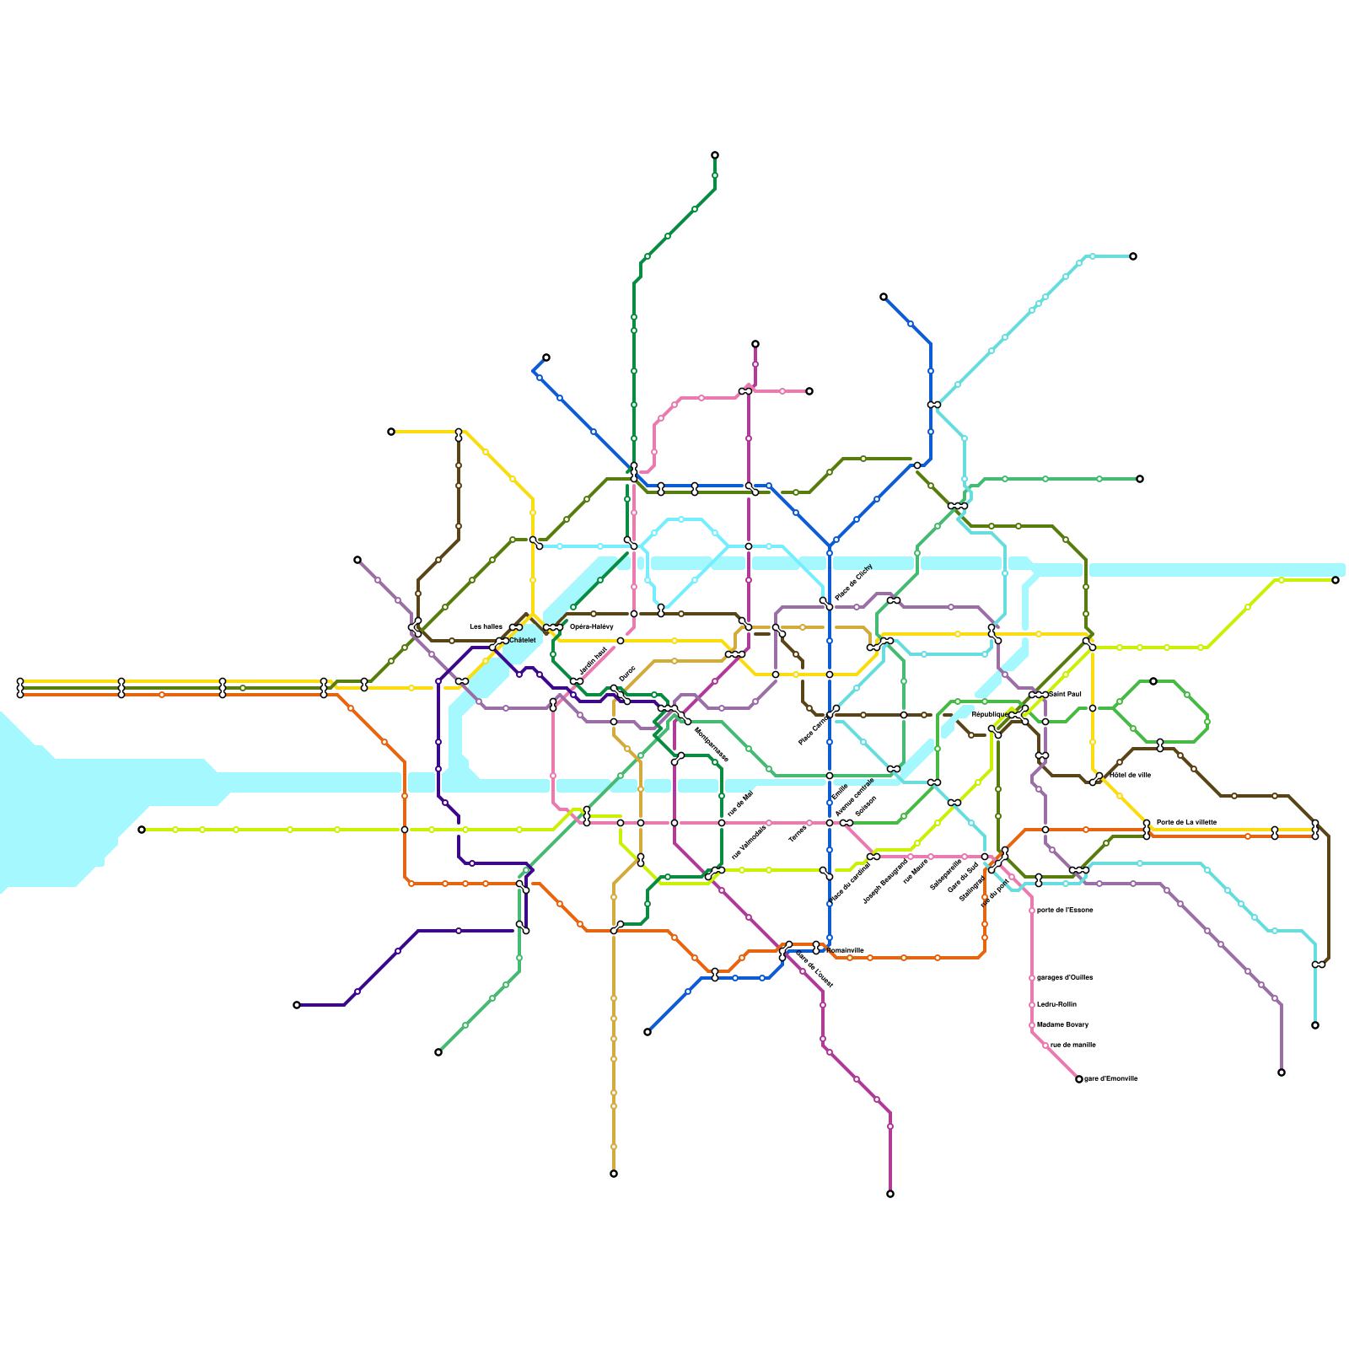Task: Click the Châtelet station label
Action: (x=522, y=640)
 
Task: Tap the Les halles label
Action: (x=486, y=626)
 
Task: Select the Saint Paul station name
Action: (x=1064, y=694)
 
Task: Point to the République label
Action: (x=988, y=714)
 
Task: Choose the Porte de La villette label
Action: (x=1186, y=821)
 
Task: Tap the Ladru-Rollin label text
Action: (x=1056, y=1004)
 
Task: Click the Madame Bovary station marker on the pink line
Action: (x=1032, y=1025)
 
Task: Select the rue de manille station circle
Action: (x=1045, y=1045)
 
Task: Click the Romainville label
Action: (x=845, y=950)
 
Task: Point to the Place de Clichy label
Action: (x=853, y=583)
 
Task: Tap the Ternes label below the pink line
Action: (x=798, y=834)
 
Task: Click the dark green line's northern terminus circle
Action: (x=715, y=155)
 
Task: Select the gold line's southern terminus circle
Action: (x=614, y=1174)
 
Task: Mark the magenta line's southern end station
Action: (x=890, y=1194)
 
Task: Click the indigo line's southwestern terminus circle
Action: (x=297, y=1005)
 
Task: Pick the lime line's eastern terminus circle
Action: (x=1336, y=580)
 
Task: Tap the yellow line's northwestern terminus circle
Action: (x=391, y=432)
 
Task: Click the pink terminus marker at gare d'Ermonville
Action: (x=1079, y=1079)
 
